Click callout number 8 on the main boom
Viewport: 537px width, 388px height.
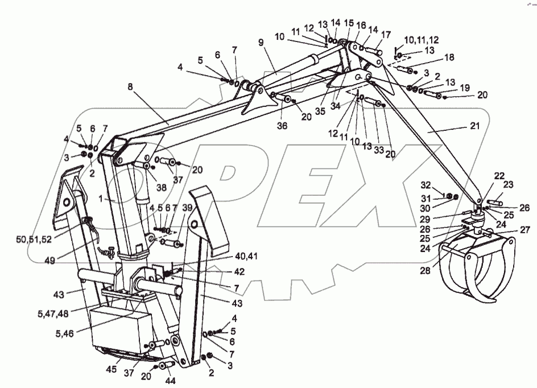coord(131,87)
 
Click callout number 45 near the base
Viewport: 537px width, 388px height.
coord(111,369)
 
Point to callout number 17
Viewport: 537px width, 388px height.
coord(386,34)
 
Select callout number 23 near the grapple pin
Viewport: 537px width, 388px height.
coord(508,185)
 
